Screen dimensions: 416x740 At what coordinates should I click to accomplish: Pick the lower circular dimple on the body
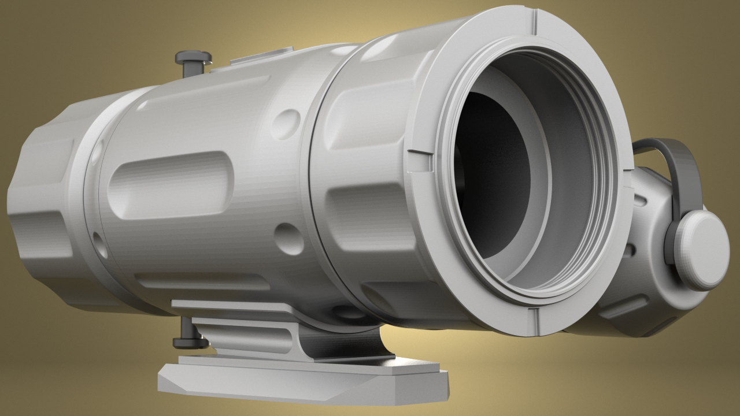point(288,239)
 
